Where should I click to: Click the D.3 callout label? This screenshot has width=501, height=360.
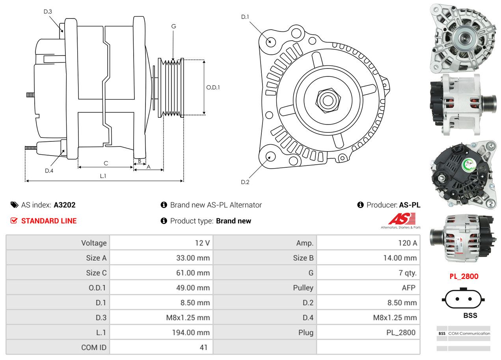tap(48, 11)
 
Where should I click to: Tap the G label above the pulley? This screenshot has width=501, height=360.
tap(173, 26)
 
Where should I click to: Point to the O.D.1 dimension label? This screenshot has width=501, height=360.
tap(213, 87)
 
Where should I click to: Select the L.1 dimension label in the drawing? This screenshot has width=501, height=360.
tap(103, 176)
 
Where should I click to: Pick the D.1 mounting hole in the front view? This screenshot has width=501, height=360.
tap(270, 41)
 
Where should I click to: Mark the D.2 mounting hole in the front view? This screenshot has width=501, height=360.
tap(270, 156)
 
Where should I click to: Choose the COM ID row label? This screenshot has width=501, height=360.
tap(94, 347)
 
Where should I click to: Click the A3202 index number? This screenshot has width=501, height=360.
tap(65, 205)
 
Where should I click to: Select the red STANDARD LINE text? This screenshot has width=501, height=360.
tap(49, 221)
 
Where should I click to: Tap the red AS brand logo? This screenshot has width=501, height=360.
tap(402, 219)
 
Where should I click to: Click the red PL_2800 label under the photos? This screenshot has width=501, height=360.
tap(464, 276)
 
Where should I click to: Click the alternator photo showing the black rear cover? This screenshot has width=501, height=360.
tap(464, 174)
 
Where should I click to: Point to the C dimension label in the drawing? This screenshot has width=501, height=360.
tap(106, 163)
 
